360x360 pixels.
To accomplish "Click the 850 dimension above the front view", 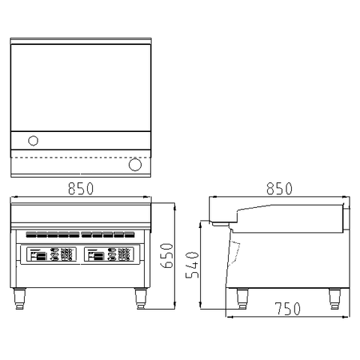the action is click(81, 188).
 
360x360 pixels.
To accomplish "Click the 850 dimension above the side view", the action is click(279, 188).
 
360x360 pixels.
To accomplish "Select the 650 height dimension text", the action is click(166, 256).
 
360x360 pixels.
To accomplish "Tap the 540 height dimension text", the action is click(192, 265).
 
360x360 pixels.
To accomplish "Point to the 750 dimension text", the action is click(287, 308).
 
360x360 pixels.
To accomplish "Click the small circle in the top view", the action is click(33, 140).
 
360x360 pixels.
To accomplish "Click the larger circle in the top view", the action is click(135, 164).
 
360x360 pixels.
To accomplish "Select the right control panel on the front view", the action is click(108, 254).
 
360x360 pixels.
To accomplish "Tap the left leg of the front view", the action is click(19, 298).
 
